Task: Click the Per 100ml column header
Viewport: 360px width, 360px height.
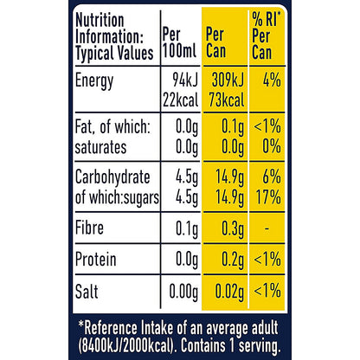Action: pos(179,42)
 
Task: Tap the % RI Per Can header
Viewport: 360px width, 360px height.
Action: pos(267,35)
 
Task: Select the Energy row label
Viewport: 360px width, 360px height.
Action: pos(94,81)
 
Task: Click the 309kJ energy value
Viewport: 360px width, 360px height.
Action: pos(228,80)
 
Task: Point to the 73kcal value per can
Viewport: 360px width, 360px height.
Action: pos(227,100)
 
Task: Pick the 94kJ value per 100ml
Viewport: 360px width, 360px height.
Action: pos(185,80)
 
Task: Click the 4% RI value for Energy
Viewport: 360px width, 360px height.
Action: pos(272,80)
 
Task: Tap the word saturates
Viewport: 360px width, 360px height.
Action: pos(100,147)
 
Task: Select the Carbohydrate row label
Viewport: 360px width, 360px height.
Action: pos(112,177)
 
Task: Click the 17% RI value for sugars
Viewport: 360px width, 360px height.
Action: pos(268,197)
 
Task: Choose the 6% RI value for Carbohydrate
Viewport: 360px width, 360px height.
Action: pos(272,177)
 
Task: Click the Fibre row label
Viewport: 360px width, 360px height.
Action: pos(89,228)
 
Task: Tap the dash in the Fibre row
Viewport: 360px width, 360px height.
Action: pos(267,229)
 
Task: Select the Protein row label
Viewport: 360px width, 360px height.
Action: pos(96,259)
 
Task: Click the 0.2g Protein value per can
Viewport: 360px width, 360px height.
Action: pos(233,260)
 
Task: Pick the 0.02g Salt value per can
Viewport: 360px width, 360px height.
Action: pos(229,292)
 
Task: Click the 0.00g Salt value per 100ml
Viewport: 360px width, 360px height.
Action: pos(183,292)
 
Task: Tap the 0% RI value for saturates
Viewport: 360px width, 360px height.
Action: pos(272,146)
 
